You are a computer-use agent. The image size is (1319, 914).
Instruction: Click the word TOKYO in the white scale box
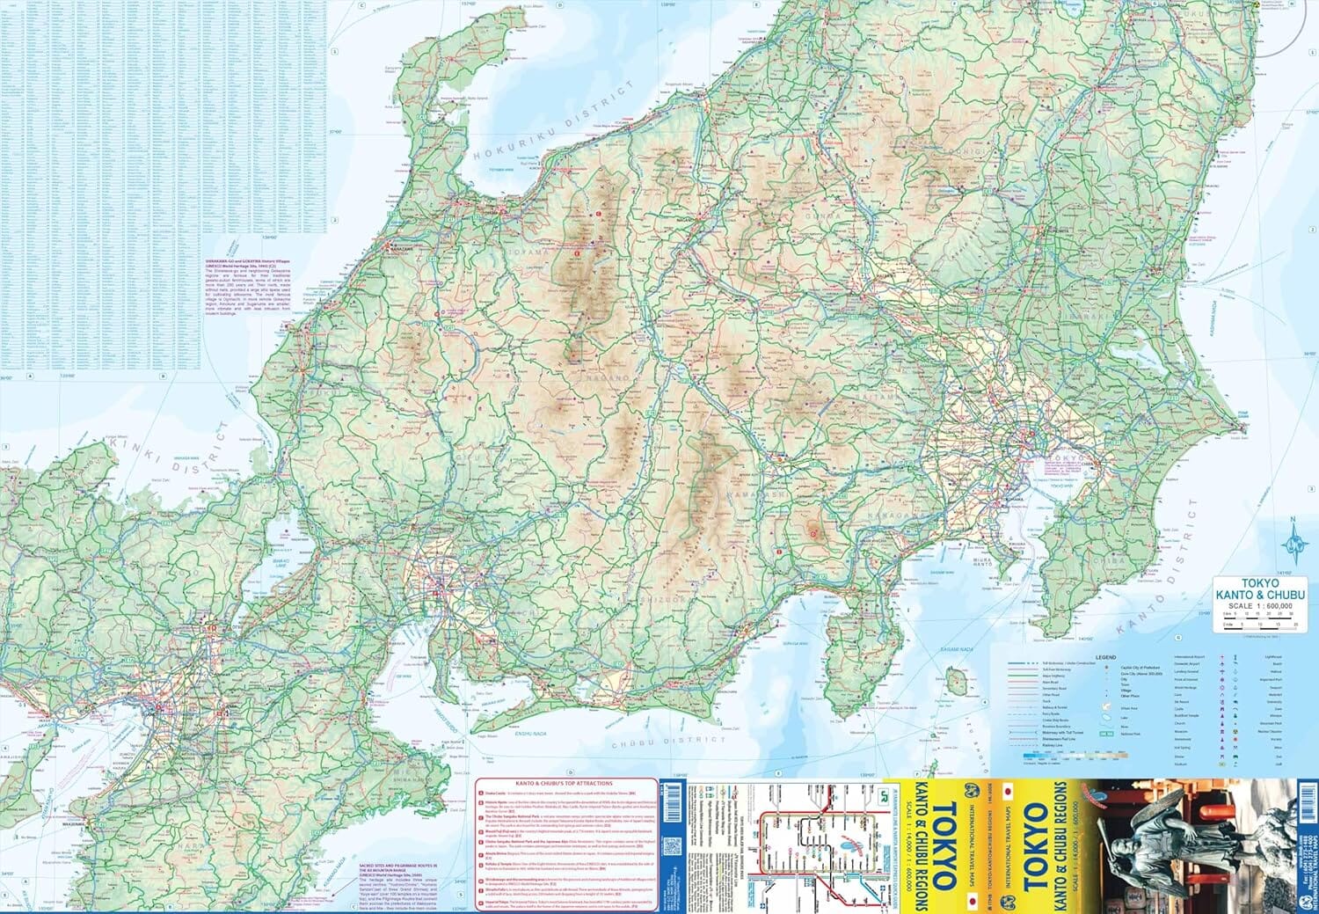pyautogui.click(x=1261, y=582)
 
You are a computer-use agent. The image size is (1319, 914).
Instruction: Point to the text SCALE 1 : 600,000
pyautogui.click(x=1260, y=606)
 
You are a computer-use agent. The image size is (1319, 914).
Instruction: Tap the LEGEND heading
pyautogui.click(x=1105, y=657)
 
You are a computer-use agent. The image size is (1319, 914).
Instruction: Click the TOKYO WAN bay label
pyautogui.click(x=1061, y=485)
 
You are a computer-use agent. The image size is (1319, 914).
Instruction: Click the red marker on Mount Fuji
pyautogui.click(x=813, y=532)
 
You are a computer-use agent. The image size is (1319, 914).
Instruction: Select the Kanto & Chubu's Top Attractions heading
pyautogui.click(x=569, y=783)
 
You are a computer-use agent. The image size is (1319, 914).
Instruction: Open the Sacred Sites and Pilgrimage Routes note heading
pyautogui.click(x=400, y=868)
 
